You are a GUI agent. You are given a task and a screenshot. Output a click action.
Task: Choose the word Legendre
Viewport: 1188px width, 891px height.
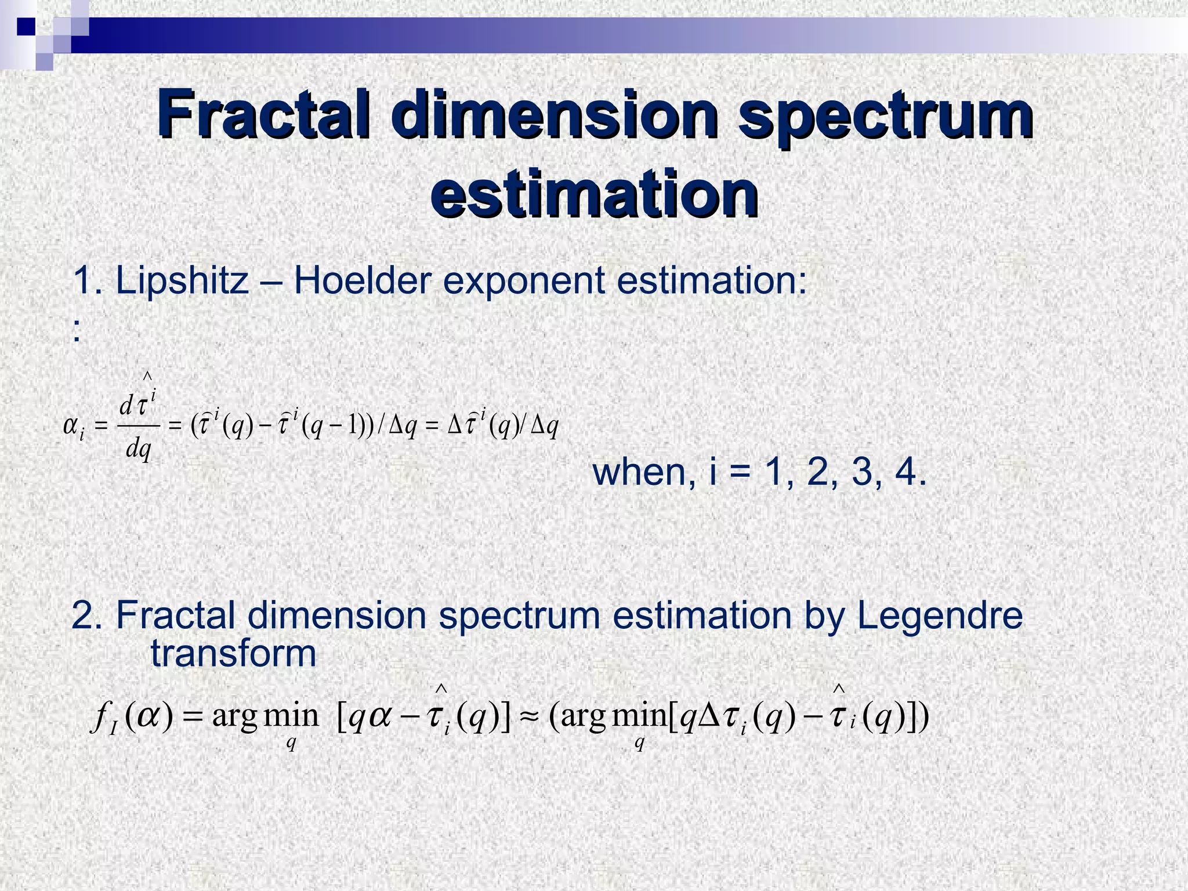point(940,615)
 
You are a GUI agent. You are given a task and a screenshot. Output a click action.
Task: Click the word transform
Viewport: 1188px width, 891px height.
point(233,654)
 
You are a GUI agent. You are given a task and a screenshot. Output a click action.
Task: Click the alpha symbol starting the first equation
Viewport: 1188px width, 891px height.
point(71,427)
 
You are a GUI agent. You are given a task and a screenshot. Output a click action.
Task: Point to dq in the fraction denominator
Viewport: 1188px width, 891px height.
point(139,449)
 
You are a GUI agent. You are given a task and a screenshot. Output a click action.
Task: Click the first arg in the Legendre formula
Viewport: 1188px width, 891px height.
point(234,717)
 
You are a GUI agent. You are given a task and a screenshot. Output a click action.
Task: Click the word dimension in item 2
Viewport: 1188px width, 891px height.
point(336,615)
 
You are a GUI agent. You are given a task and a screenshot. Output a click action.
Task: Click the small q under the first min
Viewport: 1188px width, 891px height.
point(291,743)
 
